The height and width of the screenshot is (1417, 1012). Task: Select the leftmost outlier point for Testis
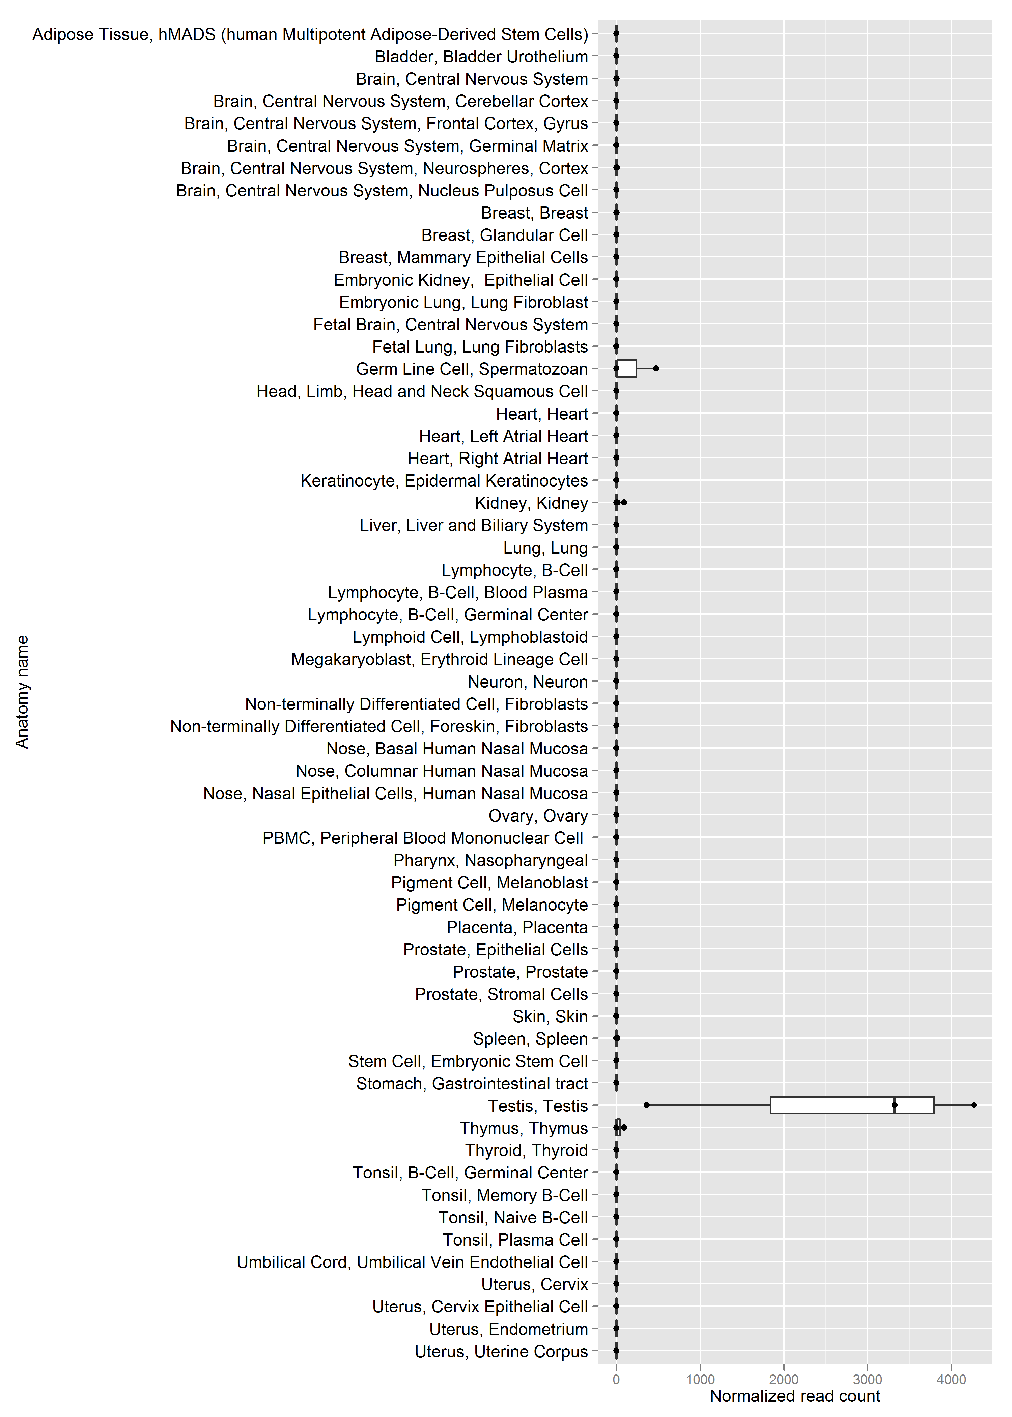(647, 1105)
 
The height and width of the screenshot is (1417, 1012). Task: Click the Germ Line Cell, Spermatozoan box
(626, 368)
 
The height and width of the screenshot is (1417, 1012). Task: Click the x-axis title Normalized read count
(795, 1396)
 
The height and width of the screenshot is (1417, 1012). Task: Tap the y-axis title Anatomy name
(23, 692)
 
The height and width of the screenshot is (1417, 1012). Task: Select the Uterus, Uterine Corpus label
(502, 1352)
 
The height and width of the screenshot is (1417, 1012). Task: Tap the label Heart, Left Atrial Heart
(504, 436)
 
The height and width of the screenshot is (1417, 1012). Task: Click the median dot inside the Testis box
(894, 1105)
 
